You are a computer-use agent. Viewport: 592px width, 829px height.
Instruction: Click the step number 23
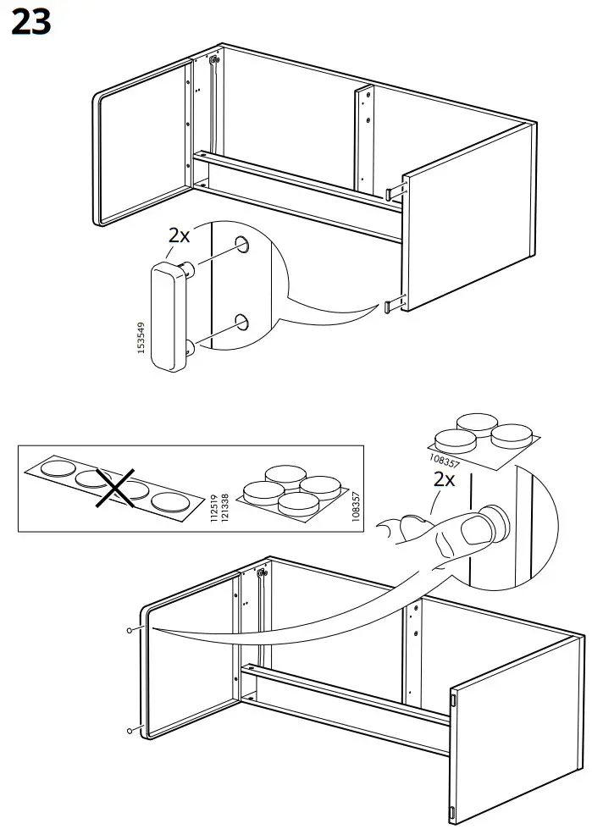coord(31,23)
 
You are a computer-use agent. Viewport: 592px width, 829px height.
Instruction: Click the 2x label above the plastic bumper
coord(179,235)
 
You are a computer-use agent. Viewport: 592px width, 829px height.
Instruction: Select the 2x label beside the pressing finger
coord(444,479)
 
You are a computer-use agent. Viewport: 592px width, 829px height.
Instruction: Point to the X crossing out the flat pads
coord(115,488)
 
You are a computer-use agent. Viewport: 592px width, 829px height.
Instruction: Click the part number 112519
coord(214,508)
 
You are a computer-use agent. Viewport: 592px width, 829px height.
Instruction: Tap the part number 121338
coord(224,508)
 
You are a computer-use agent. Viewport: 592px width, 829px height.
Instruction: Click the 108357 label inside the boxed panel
coord(356,507)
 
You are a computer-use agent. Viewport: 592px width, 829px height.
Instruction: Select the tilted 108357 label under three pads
coord(445,460)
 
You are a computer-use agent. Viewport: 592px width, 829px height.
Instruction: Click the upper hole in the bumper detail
coord(242,244)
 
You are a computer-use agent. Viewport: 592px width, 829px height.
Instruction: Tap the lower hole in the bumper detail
coord(241,322)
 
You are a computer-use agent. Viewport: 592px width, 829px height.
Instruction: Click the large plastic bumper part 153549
coord(171,316)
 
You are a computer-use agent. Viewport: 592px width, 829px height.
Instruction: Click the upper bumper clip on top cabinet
coord(396,191)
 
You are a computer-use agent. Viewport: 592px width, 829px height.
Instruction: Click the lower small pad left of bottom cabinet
coord(130,731)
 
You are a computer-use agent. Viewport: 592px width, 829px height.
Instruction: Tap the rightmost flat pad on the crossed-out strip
coord(171,501)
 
